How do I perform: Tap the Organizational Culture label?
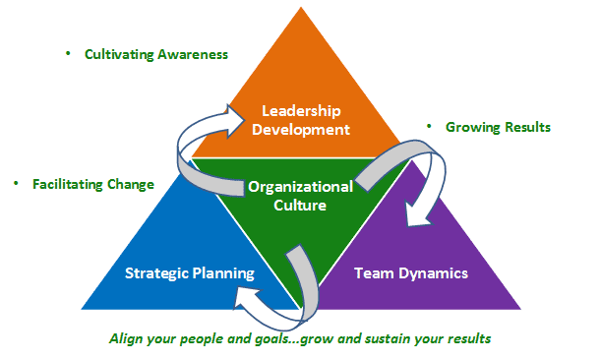coord(301,196)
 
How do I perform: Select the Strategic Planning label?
coord(189,272)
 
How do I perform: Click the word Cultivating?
coord(118,54)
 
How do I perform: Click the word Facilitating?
coord(72,184)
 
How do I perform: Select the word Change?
coord(133,184)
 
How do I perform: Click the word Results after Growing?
coord(525,127)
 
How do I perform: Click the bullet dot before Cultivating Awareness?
coord(68,52)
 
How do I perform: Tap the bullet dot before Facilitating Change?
coord(16,182)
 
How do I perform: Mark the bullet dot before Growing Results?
coord(430,126)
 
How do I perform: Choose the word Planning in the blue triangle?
coord(222,272)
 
